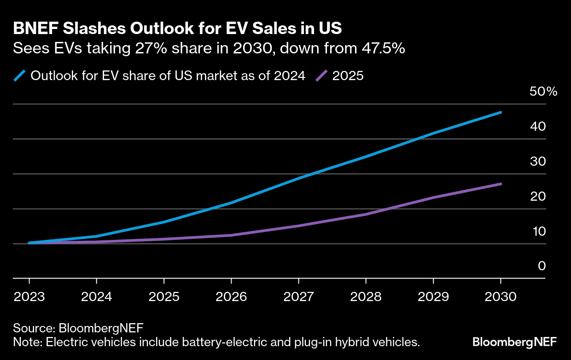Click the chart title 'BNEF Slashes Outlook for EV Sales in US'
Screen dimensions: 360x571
(x=177, y=29)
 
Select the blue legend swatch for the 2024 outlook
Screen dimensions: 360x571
(x=20, y=75)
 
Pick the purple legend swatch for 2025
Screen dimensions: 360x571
(x=321, y=75)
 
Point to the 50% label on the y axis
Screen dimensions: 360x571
(x=543, y=91)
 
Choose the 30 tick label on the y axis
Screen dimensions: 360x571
(x=538, y=161)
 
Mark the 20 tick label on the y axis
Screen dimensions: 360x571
(x=538, y=196)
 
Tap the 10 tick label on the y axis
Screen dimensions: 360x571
(x=538, y=231)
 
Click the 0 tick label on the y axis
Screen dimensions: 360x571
(x=542, y=266)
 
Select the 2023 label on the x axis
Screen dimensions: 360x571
(x=29, y=297)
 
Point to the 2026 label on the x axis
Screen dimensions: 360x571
(x=231, y=297)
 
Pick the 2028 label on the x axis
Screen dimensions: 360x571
(x=366, y=297)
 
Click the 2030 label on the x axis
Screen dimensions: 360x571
(x=501, y=297)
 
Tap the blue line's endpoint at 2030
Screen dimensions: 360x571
(x=501, y=112)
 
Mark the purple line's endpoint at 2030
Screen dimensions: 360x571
(x=501, y=184)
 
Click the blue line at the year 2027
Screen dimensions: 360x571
(x=299, y=178)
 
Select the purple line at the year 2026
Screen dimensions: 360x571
(x=231, y=235)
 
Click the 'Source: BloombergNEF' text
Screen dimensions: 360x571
(x=78, y=328)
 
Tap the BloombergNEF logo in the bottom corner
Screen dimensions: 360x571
(x=514, y=342)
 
